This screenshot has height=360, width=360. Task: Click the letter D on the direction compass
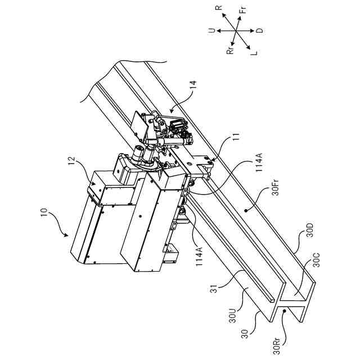260,30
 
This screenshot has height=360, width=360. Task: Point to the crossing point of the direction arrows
237,30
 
